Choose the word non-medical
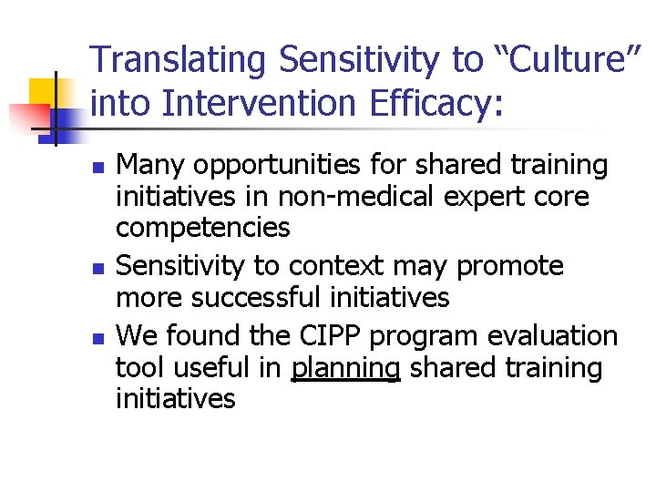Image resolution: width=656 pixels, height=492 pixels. [347, 198]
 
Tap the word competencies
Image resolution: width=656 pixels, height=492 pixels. [202, 229]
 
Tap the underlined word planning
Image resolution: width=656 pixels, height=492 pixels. [346, 368]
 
